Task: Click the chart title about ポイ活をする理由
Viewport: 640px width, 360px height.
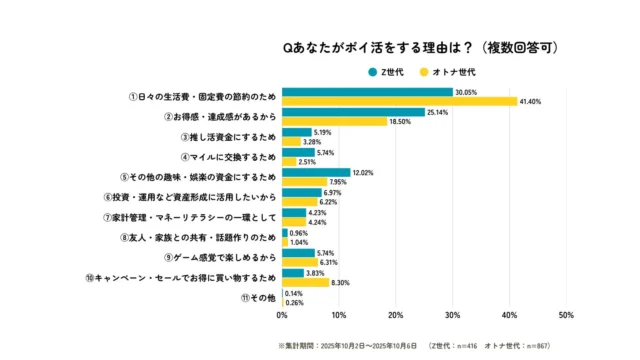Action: click(420, 47)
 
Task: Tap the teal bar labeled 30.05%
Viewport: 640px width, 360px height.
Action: click(367, 91)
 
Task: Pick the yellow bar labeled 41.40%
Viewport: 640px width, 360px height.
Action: click(399, 101)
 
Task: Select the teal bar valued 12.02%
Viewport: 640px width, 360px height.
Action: click(316, 172)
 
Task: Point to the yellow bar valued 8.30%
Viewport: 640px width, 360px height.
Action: click(305, 283)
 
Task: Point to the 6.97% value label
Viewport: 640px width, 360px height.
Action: click(336, 192)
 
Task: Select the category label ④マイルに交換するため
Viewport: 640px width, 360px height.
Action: click(228, 157)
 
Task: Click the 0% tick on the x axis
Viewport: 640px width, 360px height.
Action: click(282, 316)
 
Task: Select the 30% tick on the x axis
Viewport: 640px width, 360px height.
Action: click(452, 316)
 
